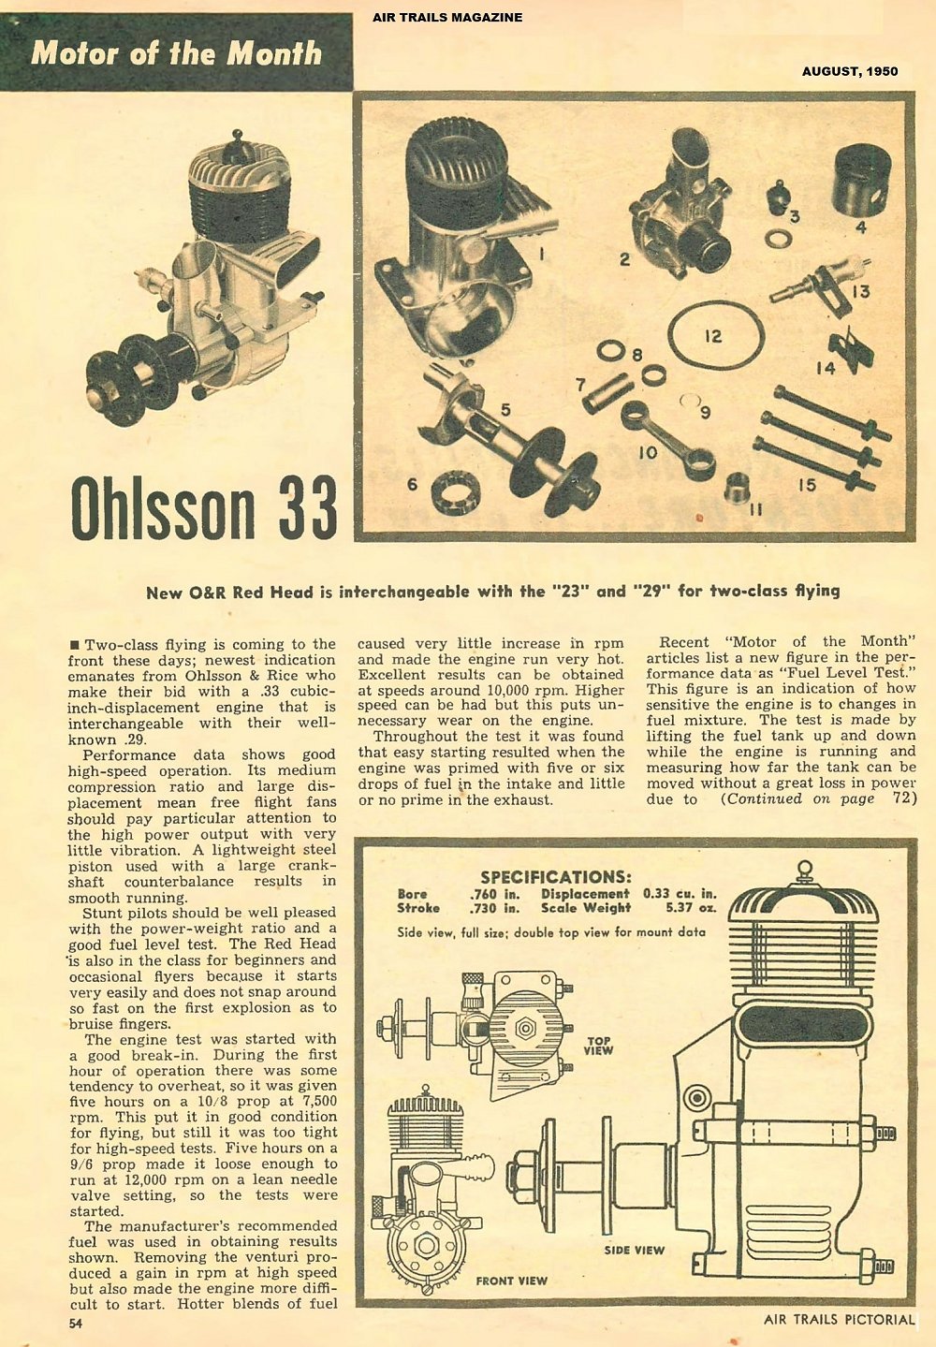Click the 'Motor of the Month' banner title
[x=176, y=52]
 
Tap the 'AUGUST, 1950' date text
[x=850, y=71]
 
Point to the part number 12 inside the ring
[x=713, y=336]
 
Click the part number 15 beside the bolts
[x=806, y=484]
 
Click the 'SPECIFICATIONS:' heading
[x=555, y=877]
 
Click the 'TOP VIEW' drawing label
[x=598, y=1045]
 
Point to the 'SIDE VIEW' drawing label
[x=634, y=1249]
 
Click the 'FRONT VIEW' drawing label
[x=511, y=1280]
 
